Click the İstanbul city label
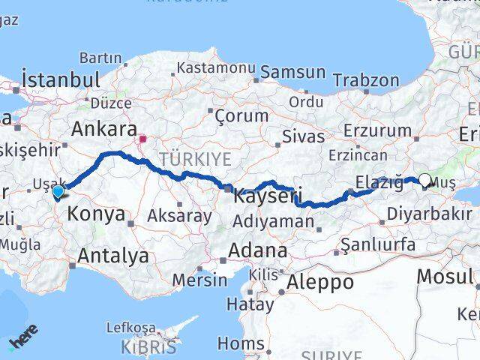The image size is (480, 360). coord(61,80)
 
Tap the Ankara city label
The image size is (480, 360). coord(104,129)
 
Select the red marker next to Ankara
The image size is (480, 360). coord(142,139)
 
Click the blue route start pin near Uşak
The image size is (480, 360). coord(58,193)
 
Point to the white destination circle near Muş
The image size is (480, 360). coord(425,180)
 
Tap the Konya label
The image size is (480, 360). coord(96,214)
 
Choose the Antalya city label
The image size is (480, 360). coord(113,256)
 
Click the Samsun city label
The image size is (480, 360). coord(294,73)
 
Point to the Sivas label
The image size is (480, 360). coord(304,136)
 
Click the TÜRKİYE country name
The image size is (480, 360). coord(195,158)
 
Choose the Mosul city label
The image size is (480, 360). coord(445,276)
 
